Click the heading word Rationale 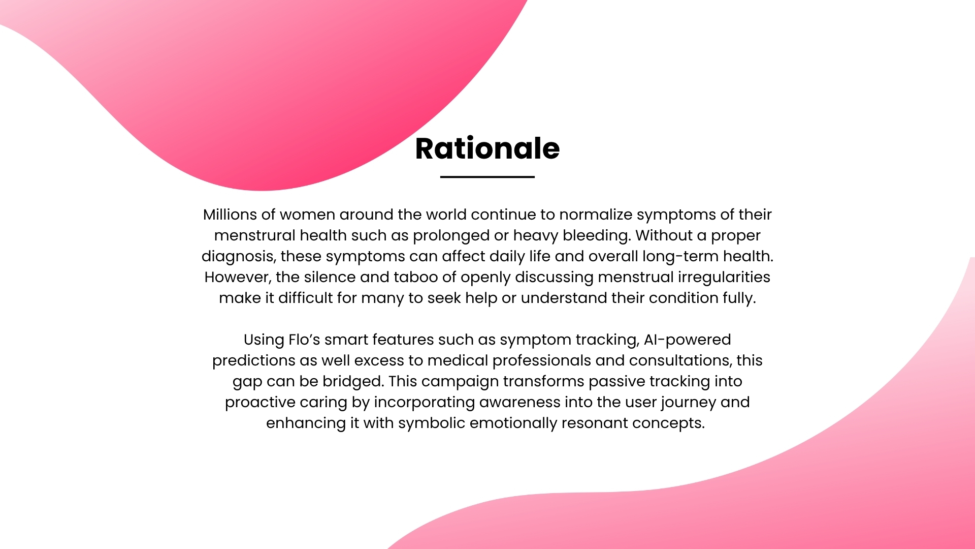487,148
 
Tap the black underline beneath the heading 487,177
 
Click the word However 238,278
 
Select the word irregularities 724,278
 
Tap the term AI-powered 688,340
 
